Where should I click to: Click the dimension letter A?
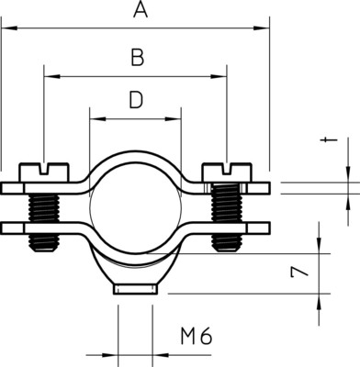tap(141, 9)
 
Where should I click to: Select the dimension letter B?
tap(138, 58)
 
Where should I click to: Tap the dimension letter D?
tap(136, 100)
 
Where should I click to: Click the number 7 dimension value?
tap(298, 272)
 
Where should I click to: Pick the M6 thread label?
tap(196, 337)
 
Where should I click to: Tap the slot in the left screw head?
tap(45, 169)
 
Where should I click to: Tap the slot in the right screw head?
tap(227, 169)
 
